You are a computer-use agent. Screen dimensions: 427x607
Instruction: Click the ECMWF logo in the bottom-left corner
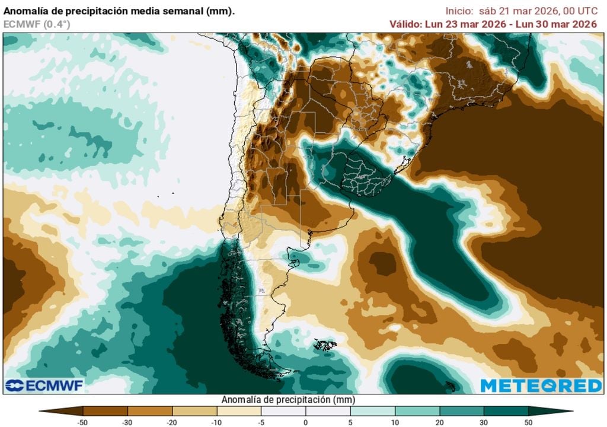[x=44, y=385]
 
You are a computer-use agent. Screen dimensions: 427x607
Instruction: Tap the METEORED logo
[x=541, y=385]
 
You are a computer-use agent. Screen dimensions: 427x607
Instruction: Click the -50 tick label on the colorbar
[x=83, y=422]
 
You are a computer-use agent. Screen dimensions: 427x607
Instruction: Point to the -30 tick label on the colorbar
[x=127, y=422]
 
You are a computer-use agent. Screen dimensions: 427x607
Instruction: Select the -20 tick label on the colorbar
[x=172, y=422]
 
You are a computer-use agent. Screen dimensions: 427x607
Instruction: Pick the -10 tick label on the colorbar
[x=216, y=422]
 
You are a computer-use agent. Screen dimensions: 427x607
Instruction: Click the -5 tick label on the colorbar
[x=261, y=422]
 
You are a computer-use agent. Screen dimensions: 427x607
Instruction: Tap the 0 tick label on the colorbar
[x=306, y=422]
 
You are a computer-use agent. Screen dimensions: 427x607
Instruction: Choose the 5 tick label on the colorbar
[x=350, y=422]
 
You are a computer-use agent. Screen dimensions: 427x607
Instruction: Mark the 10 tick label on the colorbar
[x=395, y=422]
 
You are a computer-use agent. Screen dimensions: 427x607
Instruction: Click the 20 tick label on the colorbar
[x=439, y=422]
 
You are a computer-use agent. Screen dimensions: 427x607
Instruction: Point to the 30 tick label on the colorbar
[x=484, y=422]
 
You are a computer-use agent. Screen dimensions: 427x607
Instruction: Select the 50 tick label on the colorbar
[x=528, y=422]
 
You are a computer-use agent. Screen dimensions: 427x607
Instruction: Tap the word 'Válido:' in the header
[x=405, y=24]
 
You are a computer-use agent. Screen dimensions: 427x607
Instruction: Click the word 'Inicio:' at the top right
[x=459, y=11]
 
